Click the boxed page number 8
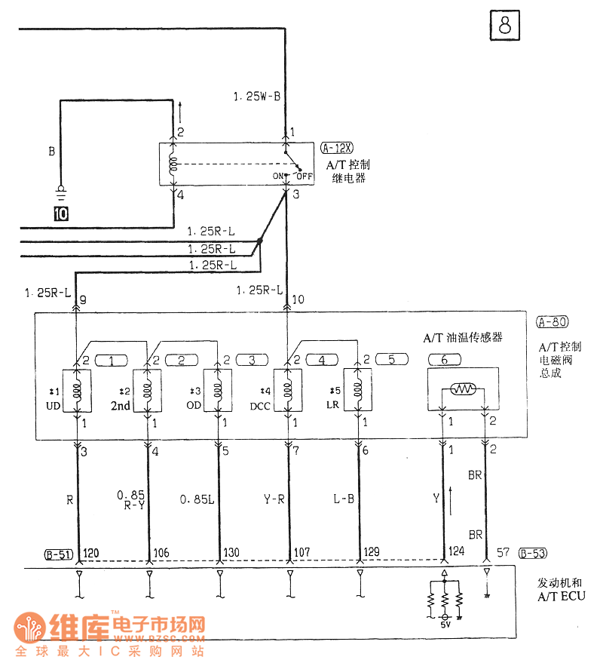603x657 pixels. (504, 26)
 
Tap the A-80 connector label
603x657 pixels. (552, 322)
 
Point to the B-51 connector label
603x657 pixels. (58, 555)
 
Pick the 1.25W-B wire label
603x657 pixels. (257, 97)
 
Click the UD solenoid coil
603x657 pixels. (76, 390)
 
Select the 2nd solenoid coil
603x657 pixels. (147, 390)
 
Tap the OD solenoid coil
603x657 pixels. (219, 390)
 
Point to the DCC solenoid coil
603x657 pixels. (287, 390)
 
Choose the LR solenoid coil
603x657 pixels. (357, 390)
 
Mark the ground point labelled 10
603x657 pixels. (60, 213)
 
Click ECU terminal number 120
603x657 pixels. (91, 553)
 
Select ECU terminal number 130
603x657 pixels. (232, 553)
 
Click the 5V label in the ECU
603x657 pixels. (445, 625)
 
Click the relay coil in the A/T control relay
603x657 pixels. (173, 164)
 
